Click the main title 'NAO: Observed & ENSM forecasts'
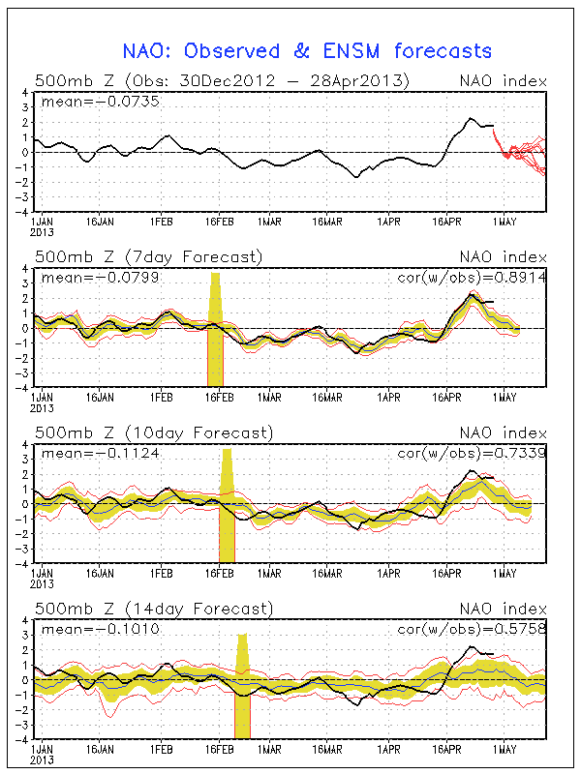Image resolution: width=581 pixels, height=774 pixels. pyautogui.click(x=307, y=51)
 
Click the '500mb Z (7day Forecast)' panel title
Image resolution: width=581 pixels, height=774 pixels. pyautogui.click(x=148, y=256)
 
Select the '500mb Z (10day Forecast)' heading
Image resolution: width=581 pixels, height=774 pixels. pyautogui.click(x=153, y=432)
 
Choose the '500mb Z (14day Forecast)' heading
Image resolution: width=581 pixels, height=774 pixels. pyautogui.click(x=153, y=609)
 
